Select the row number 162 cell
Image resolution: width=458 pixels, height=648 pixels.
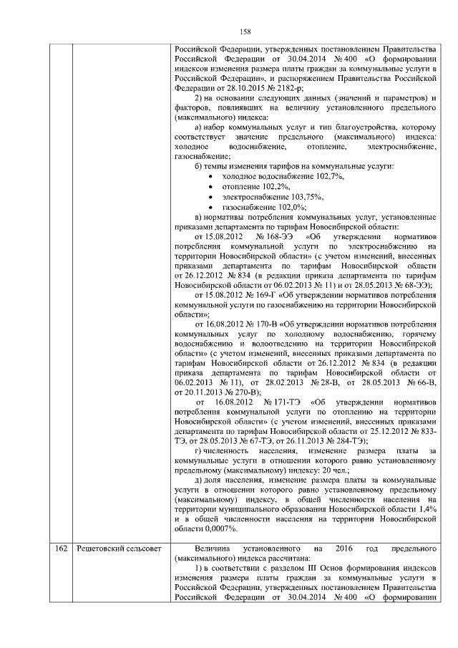(x=61, y=548)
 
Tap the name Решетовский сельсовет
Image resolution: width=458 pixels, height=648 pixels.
(x=117, y=548)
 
